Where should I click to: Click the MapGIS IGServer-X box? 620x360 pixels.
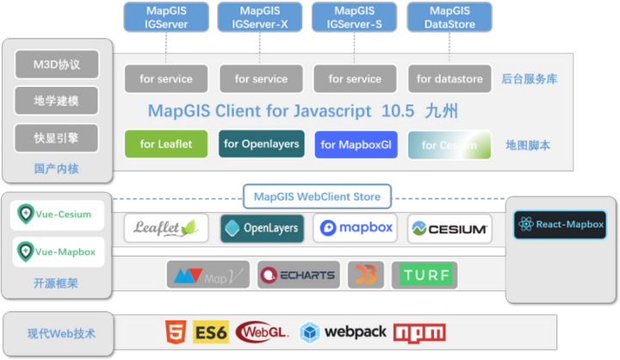point(261,17)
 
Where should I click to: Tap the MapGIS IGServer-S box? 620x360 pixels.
point(355,17)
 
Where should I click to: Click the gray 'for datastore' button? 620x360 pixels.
point(449,78)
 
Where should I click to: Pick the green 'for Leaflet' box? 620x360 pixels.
point(166,145)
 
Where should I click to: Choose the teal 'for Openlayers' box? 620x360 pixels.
point(261,144)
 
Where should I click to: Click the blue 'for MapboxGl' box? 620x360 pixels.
point(356,145)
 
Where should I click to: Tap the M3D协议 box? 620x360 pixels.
point(56,65)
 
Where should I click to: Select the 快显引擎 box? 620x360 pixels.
point(56,138)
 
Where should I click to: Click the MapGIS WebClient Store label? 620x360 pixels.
point(317,197)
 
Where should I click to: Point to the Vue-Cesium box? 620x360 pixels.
point(56,215)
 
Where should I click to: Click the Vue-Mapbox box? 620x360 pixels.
point(56,252)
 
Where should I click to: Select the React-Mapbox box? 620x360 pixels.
point(560,224)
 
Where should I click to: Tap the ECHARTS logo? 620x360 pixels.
point(298,276)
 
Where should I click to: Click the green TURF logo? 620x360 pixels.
point(425,276)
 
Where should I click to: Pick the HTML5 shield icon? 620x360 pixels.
point(176,332)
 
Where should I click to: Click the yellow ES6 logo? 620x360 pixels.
point(210,332)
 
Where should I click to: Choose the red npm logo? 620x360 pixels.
point(419,332)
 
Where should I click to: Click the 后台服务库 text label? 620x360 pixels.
point(529,79)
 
